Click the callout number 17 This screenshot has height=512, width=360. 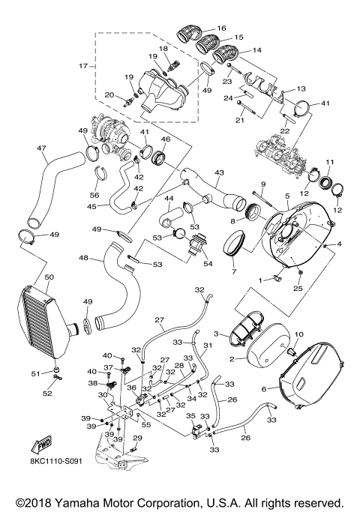pos(82,67)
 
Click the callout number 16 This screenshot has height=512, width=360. pos(220,28)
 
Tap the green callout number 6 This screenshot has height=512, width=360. pos(263,389)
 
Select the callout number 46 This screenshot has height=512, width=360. pos(164,139)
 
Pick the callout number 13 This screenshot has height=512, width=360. pos(301,88)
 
